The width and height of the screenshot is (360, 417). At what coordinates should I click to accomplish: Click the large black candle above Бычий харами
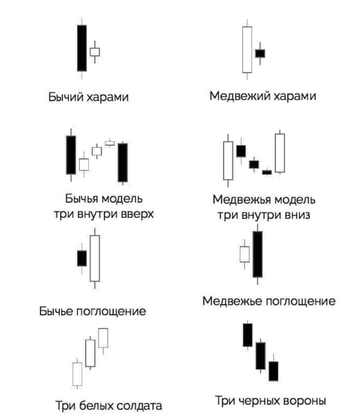click(81, 48)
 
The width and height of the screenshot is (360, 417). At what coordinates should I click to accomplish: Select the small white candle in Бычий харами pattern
click(95, 52)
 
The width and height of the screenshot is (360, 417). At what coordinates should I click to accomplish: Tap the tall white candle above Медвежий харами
click(247, 49)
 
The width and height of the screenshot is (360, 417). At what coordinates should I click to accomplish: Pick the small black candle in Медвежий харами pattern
click(260, 53)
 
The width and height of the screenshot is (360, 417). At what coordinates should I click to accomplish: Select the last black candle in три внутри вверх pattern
click(123, 162)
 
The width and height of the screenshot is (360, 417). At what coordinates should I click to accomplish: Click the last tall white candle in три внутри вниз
click(280, 153)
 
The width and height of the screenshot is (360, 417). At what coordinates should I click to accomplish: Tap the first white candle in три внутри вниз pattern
click(228, 160)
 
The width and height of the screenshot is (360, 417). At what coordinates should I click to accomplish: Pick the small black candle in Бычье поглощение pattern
click(82, 258)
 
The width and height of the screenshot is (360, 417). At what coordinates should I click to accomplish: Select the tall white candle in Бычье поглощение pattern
click(95, 258)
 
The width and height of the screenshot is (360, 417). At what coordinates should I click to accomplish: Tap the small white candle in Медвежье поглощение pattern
click(245, 254)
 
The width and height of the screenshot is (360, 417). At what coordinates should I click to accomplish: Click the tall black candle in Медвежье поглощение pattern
click(258, 254)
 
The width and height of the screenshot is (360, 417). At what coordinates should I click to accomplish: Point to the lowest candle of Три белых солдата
click(78, 373)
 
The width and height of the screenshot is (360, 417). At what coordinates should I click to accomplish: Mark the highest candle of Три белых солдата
click(103, 338)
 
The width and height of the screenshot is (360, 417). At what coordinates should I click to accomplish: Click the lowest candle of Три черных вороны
click(273, 371)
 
